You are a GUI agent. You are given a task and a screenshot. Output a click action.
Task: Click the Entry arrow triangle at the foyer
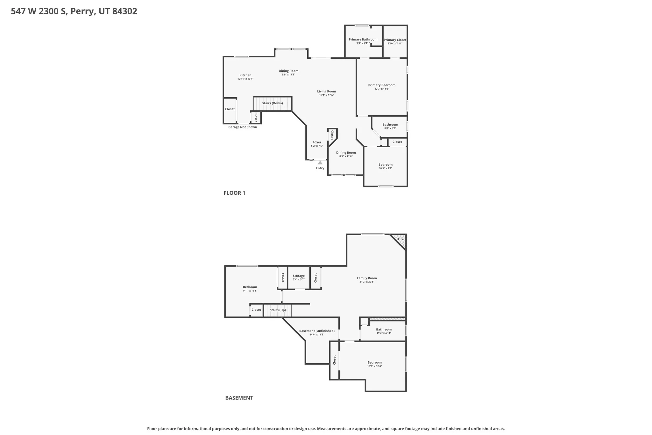[x=320, y=163]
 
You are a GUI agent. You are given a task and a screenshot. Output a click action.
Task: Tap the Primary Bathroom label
[x=363, y=40]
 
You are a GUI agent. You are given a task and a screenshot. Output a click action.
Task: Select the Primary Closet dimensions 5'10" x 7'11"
[x=395, y=44]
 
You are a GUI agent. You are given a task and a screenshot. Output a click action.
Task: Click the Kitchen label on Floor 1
[x=245, y=75]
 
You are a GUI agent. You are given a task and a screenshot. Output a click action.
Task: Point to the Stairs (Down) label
[x=273, y=103]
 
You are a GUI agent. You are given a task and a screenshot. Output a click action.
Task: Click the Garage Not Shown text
[x=243, y=127]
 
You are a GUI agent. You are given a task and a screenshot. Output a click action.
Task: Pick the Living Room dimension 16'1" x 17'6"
[x=326, y=95]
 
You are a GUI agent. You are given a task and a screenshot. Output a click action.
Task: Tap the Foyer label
[x=317, y=142]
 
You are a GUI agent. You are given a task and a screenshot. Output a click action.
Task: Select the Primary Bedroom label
[x=382, y=85]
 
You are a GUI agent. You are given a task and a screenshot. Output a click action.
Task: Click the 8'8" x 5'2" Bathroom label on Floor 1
[x=390, y=125]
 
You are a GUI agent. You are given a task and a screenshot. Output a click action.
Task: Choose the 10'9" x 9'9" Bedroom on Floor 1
[x=385, y=165]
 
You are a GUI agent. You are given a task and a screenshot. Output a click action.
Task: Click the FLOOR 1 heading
[x=234, y=193]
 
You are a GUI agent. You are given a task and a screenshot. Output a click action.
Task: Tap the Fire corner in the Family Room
[x=401, y=239]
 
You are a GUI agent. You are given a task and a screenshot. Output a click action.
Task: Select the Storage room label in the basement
[x=299, y=276]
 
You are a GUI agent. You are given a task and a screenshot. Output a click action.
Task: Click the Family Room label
[x=367, y=278]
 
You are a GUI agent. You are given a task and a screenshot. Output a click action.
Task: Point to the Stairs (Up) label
[x=278, y=310]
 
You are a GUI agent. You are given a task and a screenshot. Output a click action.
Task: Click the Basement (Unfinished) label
[x=317, y=331]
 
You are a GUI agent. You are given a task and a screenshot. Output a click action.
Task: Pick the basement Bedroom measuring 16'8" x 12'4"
[x=374, y=363]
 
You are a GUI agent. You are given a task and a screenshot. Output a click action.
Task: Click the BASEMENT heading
[x=239, y=398]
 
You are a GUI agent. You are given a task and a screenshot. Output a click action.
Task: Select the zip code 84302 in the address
[x=125, y=11]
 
